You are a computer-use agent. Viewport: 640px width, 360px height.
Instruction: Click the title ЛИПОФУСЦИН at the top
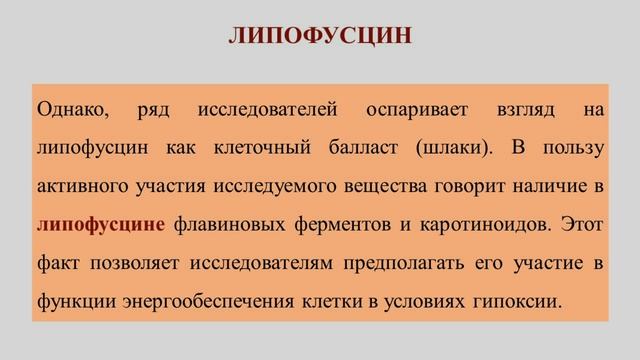click(319, 37)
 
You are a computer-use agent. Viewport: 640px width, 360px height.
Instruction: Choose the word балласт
click(361, 147)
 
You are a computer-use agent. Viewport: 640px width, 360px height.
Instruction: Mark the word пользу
click(572, 147)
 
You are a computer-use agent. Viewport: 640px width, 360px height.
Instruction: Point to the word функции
click(67, 299)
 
